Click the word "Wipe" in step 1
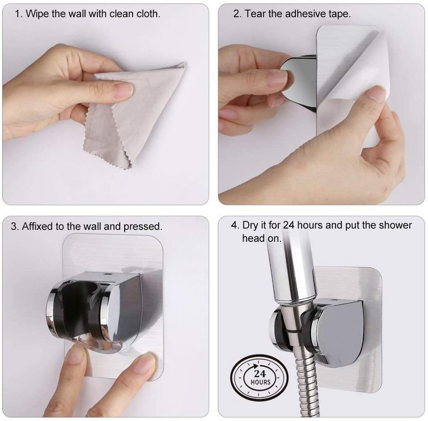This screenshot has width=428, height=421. pos(37,14)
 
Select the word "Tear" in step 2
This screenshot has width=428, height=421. pos(255,14)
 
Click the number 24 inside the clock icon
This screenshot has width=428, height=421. pos(259,373)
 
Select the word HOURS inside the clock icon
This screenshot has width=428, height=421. pos(260,382)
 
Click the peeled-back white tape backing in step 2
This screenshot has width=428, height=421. pos(355,90)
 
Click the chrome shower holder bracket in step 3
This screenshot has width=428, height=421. pos(94,312)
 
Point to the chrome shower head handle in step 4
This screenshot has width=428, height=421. pos(292,270)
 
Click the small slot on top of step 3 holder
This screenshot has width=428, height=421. pos(108,274)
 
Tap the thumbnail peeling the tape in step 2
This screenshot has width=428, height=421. pos(376,93)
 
